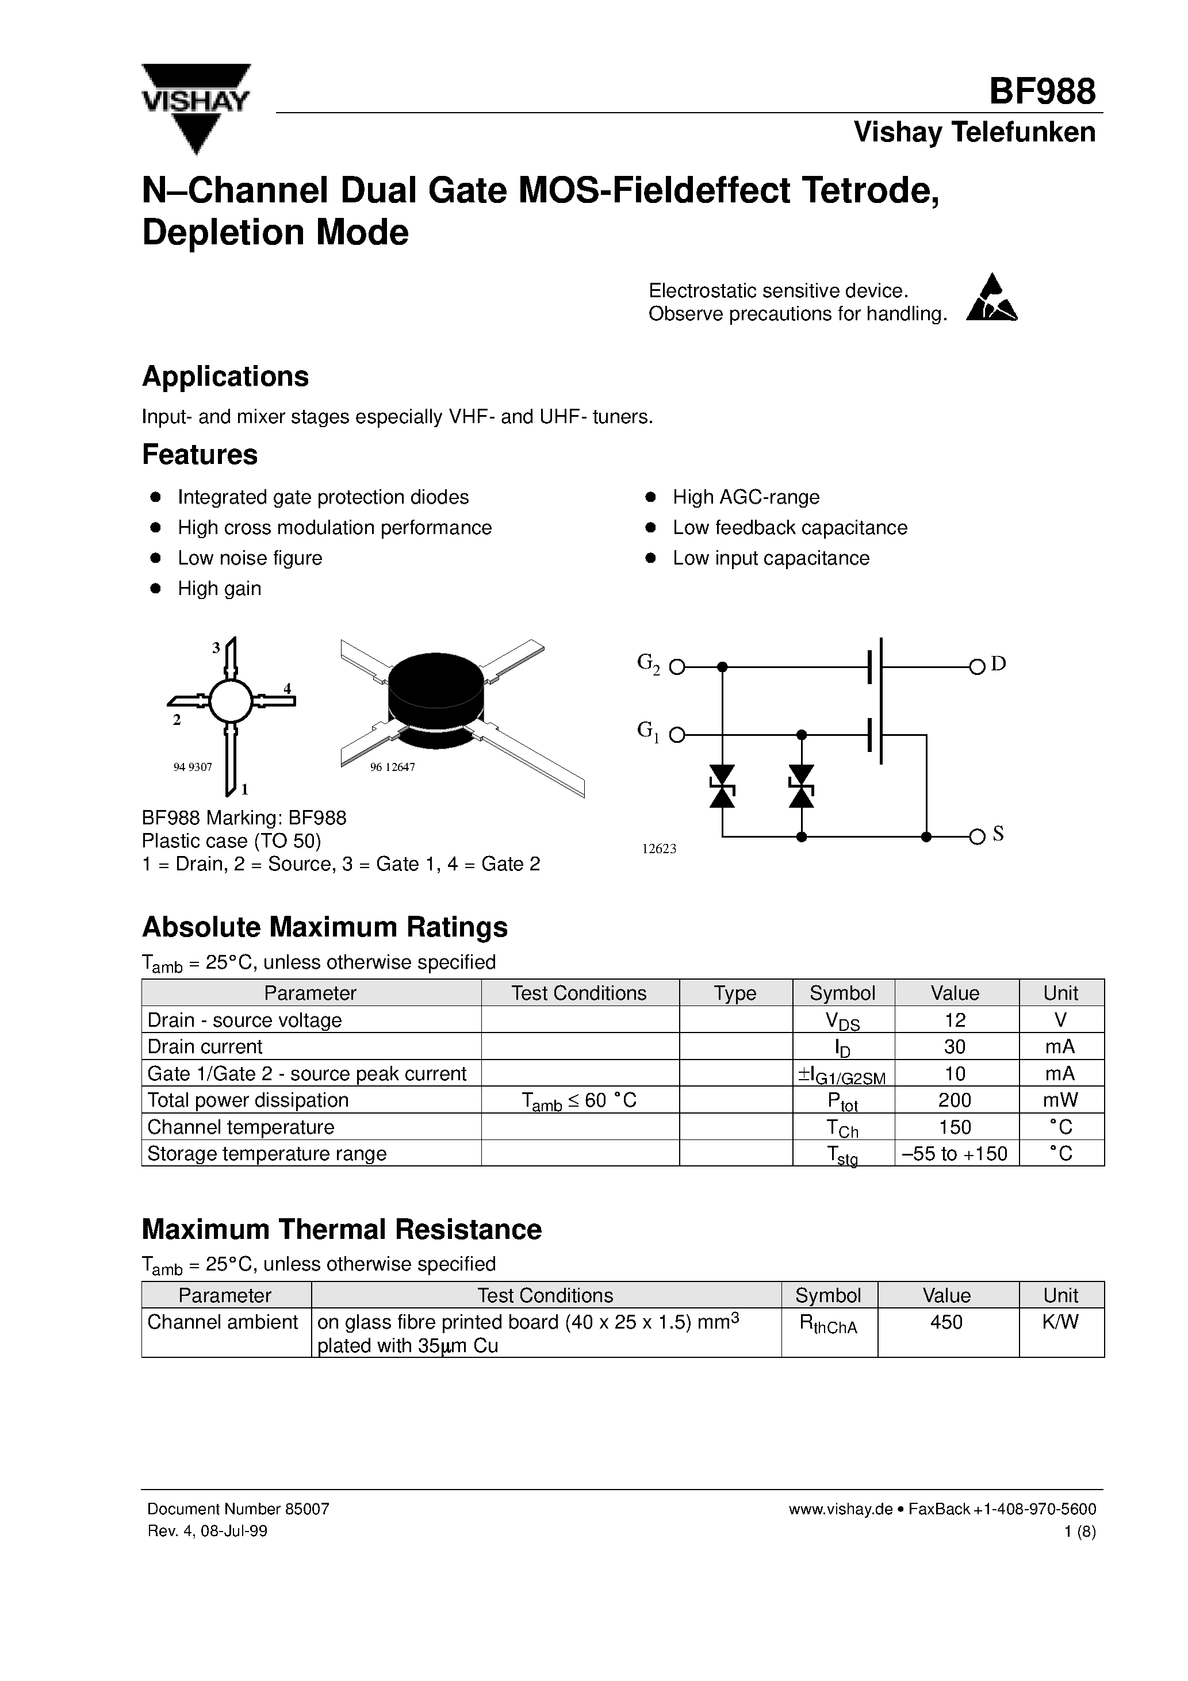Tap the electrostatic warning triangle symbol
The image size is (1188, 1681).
[x=992, y=300]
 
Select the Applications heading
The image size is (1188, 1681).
[x=225, y=377]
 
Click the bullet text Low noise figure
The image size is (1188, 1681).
[x=250, y=558]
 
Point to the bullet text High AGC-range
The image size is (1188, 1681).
[x=746, y=497]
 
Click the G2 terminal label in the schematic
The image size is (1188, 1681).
[x=648, y=663]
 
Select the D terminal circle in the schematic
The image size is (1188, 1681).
[x=976, y=667]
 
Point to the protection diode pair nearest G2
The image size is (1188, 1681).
[x=722, y=786]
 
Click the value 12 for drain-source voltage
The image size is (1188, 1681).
[x=955, y=1020]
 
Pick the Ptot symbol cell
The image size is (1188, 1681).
[x=842, y=1101]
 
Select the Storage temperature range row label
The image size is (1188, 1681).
[x=267, y=1154]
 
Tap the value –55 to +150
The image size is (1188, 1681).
[x=955, y=1154]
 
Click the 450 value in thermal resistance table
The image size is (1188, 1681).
[x=946, y=1322]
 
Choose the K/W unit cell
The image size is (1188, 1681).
[x=1060, y=1322]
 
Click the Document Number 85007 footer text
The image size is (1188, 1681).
[x=238, y=1509]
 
